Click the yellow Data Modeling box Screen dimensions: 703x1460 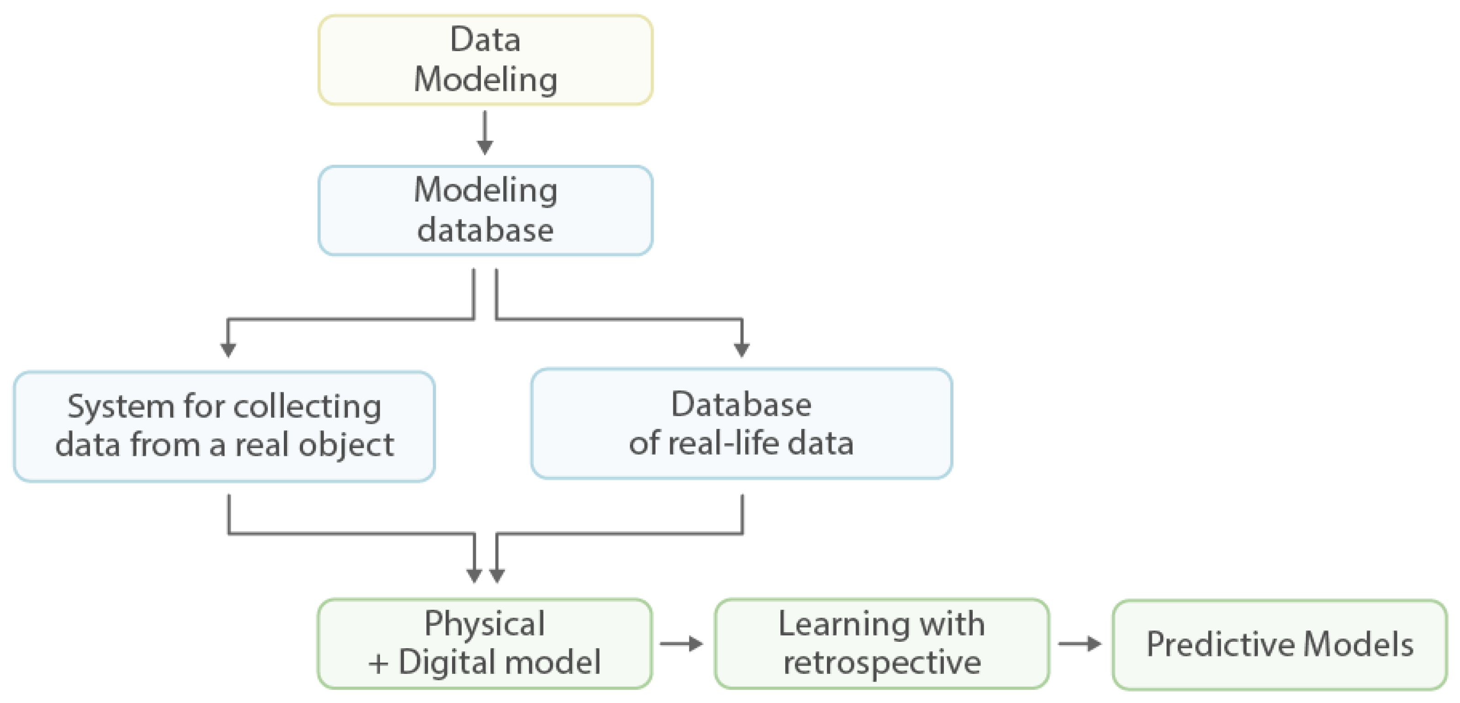485,60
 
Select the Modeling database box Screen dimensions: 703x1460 485,210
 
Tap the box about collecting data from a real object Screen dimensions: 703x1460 224,426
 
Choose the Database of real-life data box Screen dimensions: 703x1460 741,424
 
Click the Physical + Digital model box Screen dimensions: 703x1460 485,644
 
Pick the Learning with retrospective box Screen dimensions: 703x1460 881,644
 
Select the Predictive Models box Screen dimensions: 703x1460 1280,645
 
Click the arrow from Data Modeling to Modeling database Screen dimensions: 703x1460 485,133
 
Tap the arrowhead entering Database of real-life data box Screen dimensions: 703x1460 741,349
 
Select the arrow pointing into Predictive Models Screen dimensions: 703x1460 1080,644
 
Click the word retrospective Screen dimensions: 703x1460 882,663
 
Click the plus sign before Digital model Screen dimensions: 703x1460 378,663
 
